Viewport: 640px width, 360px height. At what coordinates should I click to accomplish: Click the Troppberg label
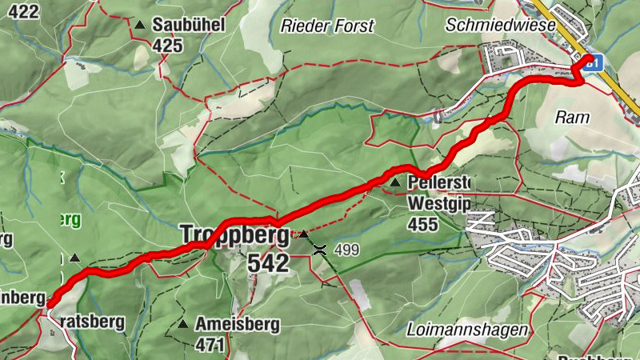pos(234,235)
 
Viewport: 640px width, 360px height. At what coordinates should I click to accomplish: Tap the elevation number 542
pos(267,263)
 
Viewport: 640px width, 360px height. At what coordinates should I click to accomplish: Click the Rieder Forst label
pos(327,26)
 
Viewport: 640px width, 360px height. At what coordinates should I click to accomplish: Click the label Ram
pos(572,117)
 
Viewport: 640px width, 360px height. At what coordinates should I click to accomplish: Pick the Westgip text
pos(437,203)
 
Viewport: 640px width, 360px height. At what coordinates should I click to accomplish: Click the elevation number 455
pos(422,224)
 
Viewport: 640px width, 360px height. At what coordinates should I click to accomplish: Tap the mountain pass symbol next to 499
pos(320,250)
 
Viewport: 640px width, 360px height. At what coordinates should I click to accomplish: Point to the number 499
pos(347,250)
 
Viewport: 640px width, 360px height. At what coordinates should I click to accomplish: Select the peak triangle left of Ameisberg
pos(183,325)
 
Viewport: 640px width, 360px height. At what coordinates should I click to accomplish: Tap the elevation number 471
pos(211,345)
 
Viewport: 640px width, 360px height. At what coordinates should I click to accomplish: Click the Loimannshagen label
pos(466,330)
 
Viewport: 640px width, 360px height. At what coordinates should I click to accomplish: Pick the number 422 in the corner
pos(20,10)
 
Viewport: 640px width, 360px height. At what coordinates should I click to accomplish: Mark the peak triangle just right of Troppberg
pos(303,234)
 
